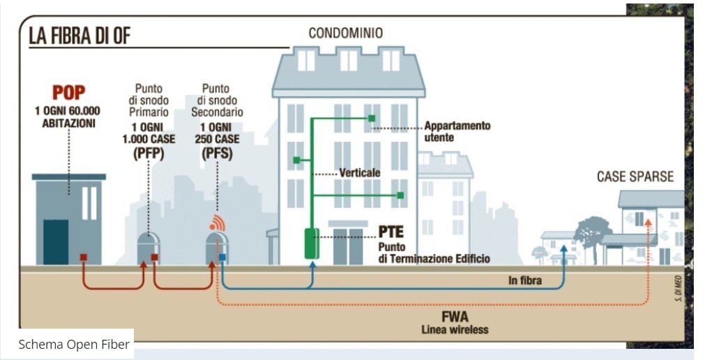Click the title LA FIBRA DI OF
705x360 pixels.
pos(79,36)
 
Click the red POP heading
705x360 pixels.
pos(68,93)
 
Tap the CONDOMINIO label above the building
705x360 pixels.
pos(346,33)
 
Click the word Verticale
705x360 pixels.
pos(360,172)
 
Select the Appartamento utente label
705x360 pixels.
pos(457,131)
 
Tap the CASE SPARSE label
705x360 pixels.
pos(635,177)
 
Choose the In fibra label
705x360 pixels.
pos(525,281)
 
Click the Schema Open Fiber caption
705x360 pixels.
pos(73,344)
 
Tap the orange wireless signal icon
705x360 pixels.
pos(217,223)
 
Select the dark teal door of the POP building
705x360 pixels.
pos(56,241)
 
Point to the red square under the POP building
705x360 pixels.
pos(83,257)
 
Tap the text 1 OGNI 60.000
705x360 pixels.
pos(68,111)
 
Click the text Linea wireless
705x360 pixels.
pos(455,329)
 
